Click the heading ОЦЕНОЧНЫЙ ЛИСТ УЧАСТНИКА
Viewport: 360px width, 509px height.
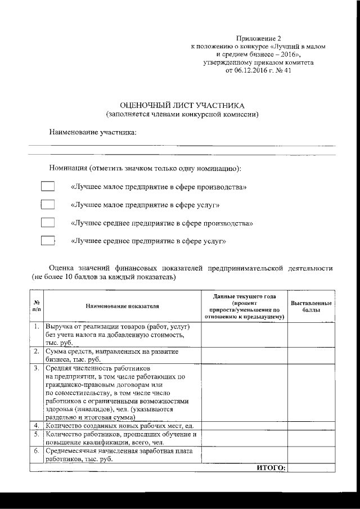(x=183, y=105)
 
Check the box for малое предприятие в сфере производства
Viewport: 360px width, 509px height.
(x=48, y=186)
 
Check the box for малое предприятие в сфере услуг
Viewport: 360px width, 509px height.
(x=48, y=204)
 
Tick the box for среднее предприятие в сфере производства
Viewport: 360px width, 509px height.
(x=48, y=223)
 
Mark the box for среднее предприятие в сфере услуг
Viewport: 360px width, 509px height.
(x=48, y=241)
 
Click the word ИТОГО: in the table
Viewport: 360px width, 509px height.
(x=271, y=467)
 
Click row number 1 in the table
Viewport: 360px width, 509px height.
(x=36, y=326)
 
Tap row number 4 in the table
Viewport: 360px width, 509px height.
(x=36, y=425)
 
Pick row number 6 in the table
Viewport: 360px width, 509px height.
(x=36, y=451)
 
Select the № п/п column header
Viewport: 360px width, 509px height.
(x=36, y=306)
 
